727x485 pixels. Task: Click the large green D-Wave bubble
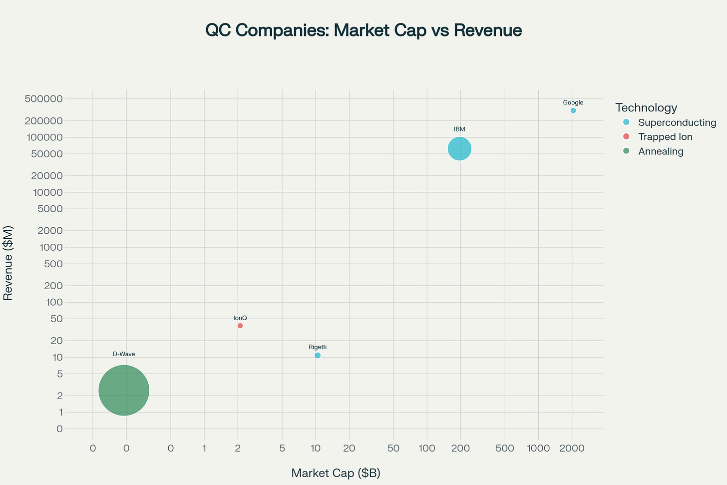124,390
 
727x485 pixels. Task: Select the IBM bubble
459,149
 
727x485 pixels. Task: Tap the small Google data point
573,110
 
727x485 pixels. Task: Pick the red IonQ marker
240,326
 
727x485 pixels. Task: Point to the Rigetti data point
318,356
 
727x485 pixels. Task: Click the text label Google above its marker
573,103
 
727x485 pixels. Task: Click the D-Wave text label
124,354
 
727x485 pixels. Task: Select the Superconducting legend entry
677,123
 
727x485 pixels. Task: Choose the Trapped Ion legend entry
665,137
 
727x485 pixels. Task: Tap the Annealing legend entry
660,151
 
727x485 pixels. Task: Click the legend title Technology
646,107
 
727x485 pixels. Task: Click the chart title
363,30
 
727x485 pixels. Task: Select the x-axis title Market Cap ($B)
336,473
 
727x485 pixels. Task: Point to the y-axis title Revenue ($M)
8,263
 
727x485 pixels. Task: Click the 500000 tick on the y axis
43,99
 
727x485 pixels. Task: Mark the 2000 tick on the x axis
572,449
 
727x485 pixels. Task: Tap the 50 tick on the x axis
393,449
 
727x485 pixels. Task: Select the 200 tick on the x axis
460,449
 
